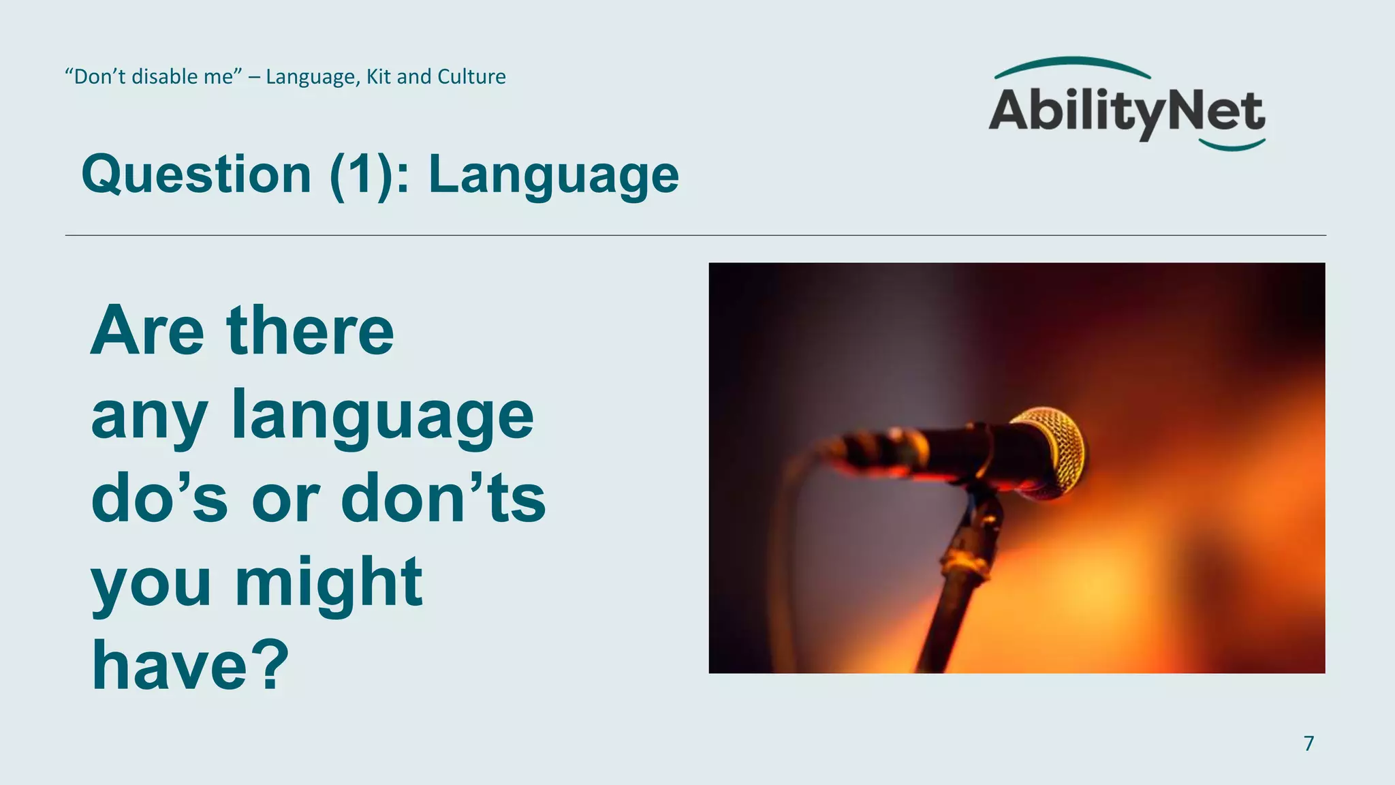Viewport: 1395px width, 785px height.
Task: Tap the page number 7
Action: (x=1308, y=743)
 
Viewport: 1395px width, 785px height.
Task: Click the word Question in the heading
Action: (x=196, y=174)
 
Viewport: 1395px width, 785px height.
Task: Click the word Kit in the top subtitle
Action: (x=379, y=76)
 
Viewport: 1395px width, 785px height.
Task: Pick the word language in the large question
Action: (x=382, y=416)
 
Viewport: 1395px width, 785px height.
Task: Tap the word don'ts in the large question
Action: (x=443, y=499)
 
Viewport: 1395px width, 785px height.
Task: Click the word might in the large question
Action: (x=328, y=582)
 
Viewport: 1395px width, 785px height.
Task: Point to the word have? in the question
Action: (x=191, y=665)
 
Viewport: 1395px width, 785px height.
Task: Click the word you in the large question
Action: (x=151, y=583)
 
